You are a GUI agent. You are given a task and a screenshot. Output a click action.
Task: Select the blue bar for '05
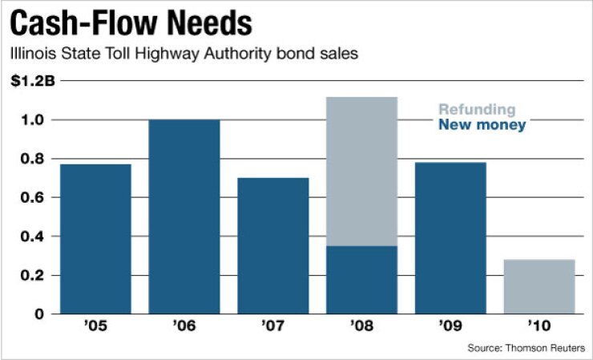pyautogui.click(x=95, y=239)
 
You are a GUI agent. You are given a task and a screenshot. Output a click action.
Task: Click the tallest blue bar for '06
pyautogui.click(x=184, y=216)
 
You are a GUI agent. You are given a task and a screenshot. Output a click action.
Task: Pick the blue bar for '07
pyautogui.click(x=273, y=245)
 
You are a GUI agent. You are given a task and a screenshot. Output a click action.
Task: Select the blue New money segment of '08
pyautogui.click(x=362, y=280)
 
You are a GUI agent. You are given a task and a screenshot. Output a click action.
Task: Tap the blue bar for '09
pyautogui.click(x=450, y=237)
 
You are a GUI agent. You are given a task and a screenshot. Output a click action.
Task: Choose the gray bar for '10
pyautogui.click(x=539, y=286)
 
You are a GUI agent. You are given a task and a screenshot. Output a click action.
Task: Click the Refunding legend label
pyautogui.click(x=476, y=110)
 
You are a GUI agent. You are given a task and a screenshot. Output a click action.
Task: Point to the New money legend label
pyautogui.click(x=482, y=125)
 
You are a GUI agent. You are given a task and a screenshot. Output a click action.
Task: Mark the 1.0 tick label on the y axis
pyautogui.click(x=33, y=120)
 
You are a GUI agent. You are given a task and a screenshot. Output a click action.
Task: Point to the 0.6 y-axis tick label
pyautogui.click(x=33, y=197)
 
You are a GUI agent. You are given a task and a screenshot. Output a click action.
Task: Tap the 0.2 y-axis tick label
pyautogui.click(x=33, y=275)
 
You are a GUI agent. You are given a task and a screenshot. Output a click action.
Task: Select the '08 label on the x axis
pyautogui.click(x=362, y=328)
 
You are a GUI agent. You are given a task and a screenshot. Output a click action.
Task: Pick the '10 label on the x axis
pyautogui.click(x=539, y=328)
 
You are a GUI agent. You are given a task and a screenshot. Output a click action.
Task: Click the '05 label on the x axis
pyautogui.click(x=95, y=328)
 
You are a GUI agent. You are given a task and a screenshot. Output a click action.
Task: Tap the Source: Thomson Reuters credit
pyautogui.click(x=526, y=347)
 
